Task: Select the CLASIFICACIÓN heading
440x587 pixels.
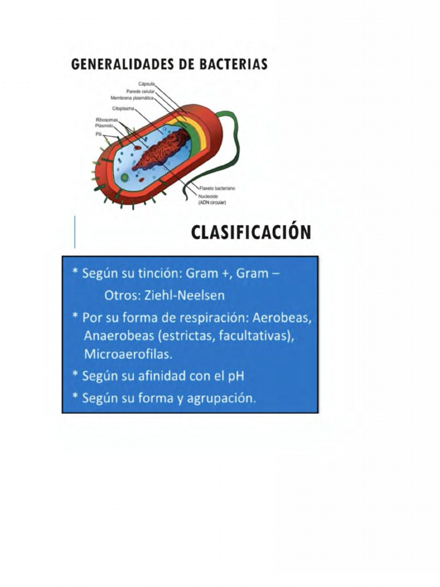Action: coord(251,232)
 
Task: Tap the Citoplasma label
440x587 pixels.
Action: coord(123,108)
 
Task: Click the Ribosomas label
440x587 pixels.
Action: coord(106,120)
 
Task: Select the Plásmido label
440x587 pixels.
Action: coord(106,126)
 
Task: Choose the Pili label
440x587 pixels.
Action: coord(99,133)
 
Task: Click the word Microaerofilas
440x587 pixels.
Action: coord(128,354)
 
